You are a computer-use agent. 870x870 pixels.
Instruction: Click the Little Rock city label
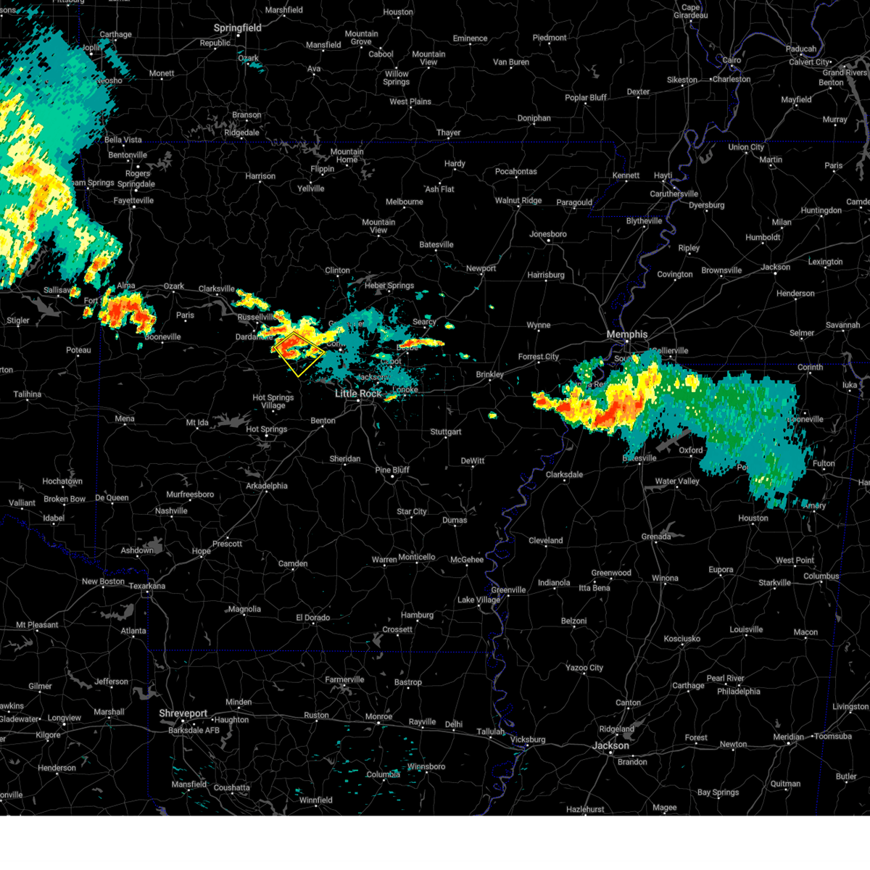(x=358, y=394)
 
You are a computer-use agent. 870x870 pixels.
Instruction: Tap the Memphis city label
(x=627, y=334)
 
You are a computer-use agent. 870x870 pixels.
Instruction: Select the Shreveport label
(x=183, y=714)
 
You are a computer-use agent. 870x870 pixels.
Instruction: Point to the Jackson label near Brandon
(x=610, y=745)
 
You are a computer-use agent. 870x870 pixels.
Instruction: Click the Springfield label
(x=237, y=28)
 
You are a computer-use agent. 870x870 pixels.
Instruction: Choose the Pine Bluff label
(x=392, y=470)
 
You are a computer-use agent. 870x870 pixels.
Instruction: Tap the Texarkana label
(x=147, y=586)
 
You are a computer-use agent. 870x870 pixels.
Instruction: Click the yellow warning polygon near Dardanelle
(x=299, y=354)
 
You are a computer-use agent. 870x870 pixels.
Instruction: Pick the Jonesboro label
(x=548, y=234)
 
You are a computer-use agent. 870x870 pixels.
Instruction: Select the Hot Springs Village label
(x=273, y=402)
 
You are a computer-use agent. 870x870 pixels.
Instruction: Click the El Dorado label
(x=312, y=618)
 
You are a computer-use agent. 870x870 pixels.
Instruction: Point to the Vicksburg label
(x=527, y=739)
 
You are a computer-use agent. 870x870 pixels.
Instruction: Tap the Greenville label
(x=508, y=590)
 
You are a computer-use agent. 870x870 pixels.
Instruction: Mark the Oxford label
(x=691, y=450)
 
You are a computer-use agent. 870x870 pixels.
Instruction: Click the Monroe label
(x=378, y=716)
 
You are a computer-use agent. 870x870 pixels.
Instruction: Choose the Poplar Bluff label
(x=586, y=98)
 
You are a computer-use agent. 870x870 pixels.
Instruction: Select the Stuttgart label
(x=446, y=432)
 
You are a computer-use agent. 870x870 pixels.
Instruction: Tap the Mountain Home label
(x=347, y=156)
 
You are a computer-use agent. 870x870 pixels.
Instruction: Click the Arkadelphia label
(x=267, y=486)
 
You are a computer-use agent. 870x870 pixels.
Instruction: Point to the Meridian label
(x=788, y=737)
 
